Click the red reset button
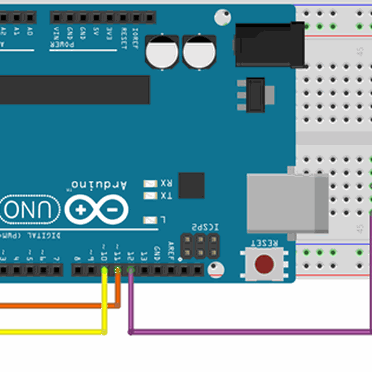[x=264, y=263]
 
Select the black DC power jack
[x=270, y=44]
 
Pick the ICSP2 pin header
[x=200, y=246]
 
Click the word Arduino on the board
[x=99, y=185]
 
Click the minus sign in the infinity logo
[x=112, y=211]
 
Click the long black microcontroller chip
[x=74, y=90]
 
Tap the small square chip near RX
[x=191, y=185]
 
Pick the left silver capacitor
[x=162, y=51]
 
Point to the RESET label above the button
[x=264, y=242]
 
